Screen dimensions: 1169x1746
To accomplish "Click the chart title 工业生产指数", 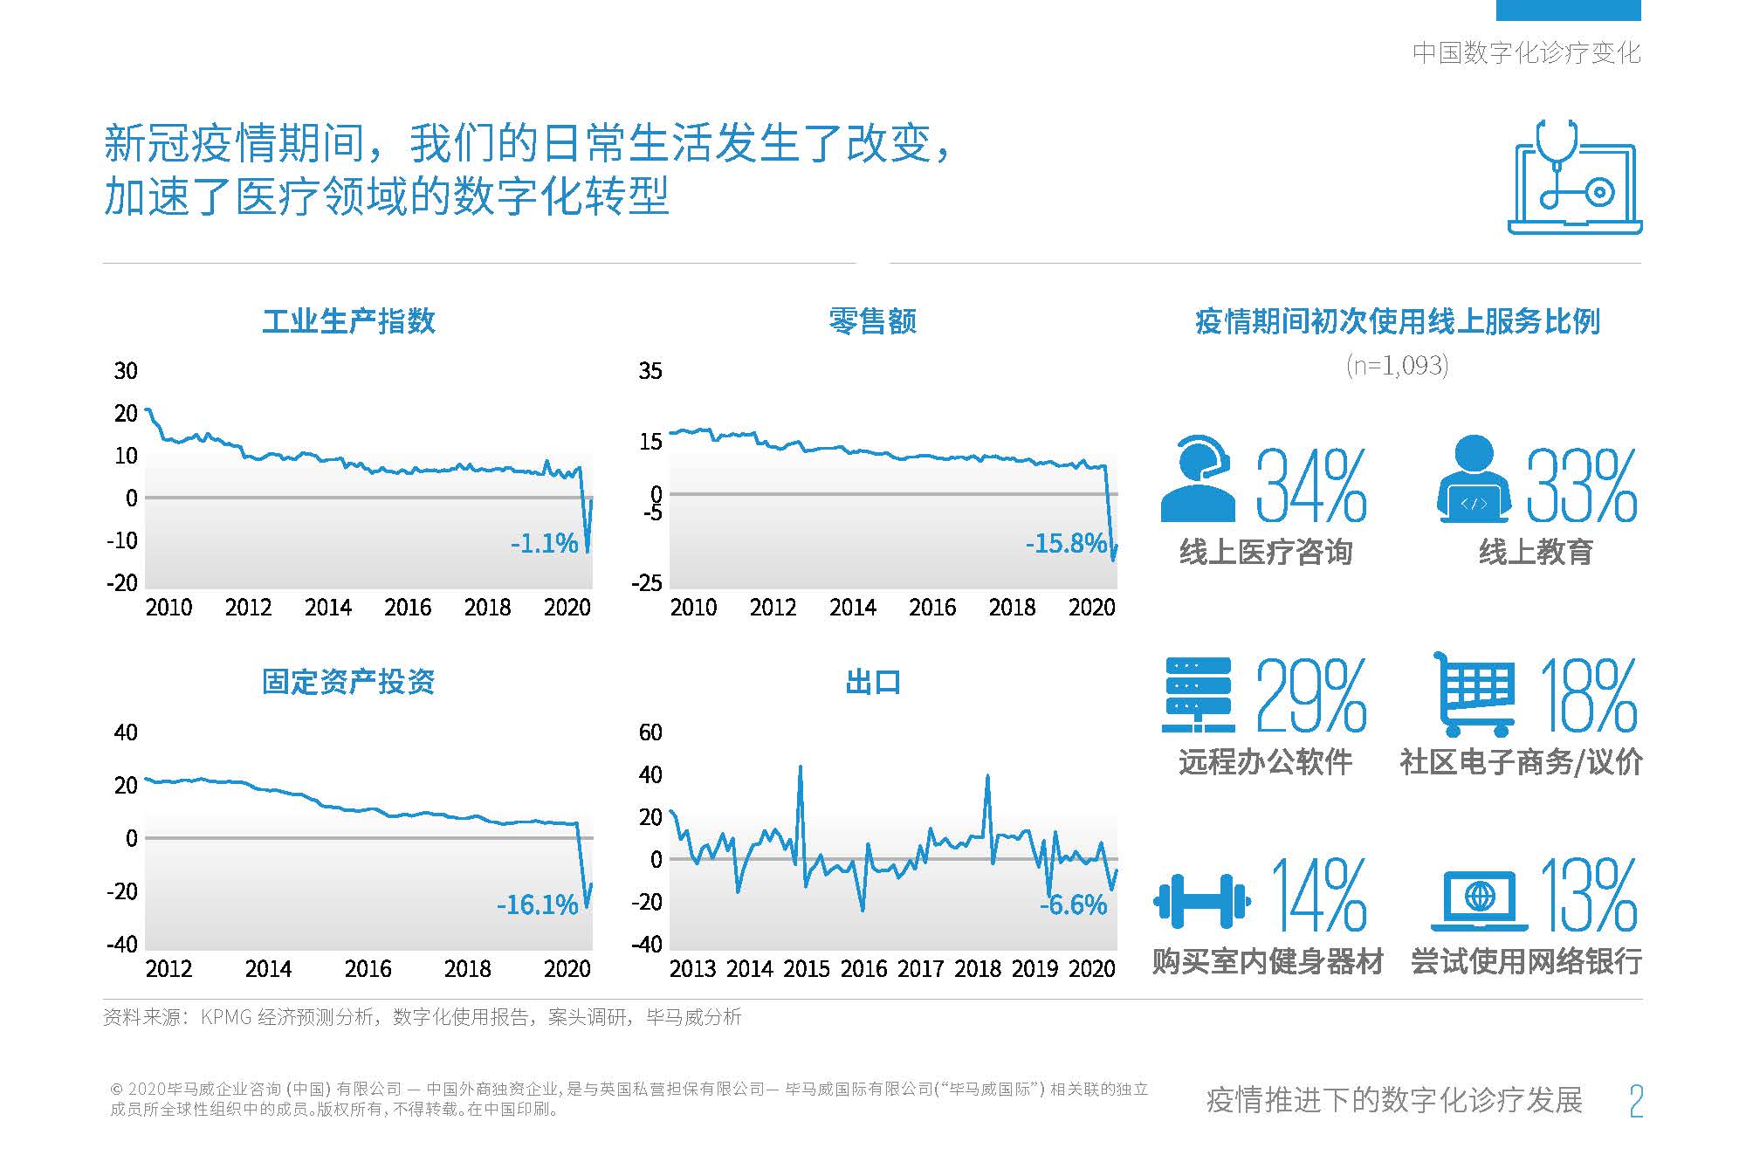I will (x=348, y=321).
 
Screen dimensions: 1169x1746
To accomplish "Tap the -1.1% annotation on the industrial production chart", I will (x=544, y=544).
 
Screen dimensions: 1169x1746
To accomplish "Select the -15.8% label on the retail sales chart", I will (x=1065, y=544).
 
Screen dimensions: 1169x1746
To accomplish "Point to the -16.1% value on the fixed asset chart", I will (x=537, y=905).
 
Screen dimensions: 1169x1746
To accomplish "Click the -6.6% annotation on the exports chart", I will (x=1073, y=905).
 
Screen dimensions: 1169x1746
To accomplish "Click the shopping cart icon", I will (x=1474, y=695).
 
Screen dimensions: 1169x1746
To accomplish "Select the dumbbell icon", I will (x=1202, y=899).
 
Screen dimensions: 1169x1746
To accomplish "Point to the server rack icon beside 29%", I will (x=1199, y=695).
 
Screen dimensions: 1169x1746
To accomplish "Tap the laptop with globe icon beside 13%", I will (x=1479, y=901).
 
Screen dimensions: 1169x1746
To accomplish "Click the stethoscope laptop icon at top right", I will (x=1574, y=177).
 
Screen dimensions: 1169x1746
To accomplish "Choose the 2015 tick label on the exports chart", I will (x=806, y=969).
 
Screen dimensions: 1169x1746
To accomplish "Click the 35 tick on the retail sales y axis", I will (x=650, y=371).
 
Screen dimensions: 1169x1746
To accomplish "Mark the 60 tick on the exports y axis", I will (x=650, y=732).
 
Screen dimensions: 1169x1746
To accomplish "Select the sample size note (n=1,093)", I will (x=1397, y=365).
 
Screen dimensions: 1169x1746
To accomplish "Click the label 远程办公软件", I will (x=1265, y=762).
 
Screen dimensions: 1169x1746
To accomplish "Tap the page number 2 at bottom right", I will (x=1636, y=1101).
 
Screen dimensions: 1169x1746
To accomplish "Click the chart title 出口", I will (x=872, y=682).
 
